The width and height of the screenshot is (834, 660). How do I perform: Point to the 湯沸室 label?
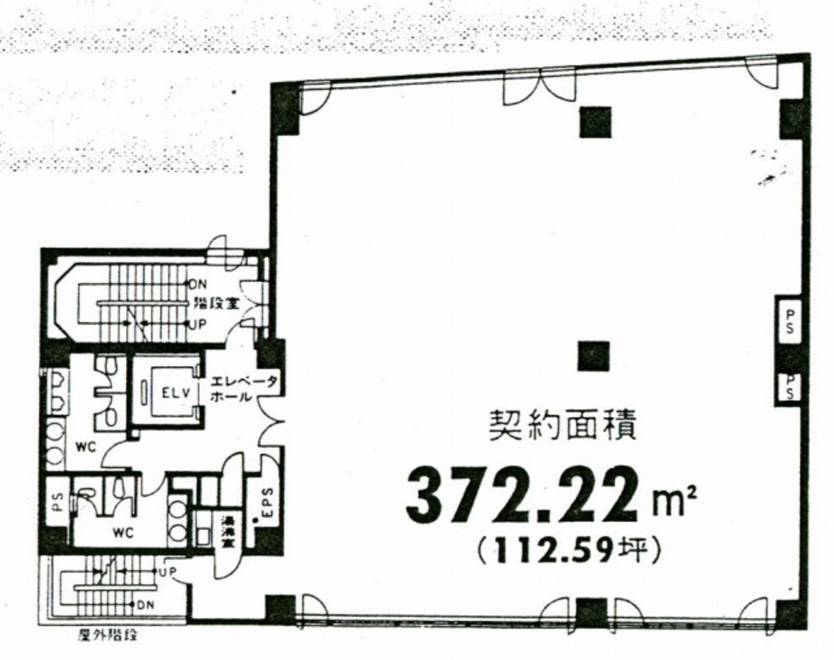(x=226, y=533)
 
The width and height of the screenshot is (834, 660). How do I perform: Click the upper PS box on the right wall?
(x=789, y=323)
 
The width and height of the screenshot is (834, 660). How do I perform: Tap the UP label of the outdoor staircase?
(x=167, y=572)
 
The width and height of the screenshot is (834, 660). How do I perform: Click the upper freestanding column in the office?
(x=593, y=122)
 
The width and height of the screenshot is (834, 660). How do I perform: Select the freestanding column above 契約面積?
(x=593, y=356)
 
